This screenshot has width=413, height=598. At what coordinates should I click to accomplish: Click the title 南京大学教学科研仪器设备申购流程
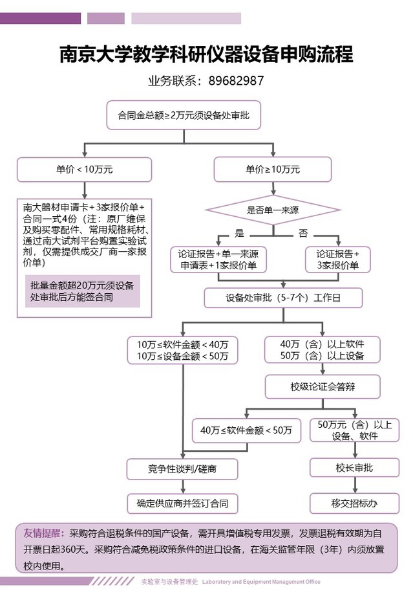point(206,54)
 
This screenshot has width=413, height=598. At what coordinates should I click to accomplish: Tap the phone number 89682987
point(235,81)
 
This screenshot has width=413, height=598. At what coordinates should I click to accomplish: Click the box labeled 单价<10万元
point(84,170)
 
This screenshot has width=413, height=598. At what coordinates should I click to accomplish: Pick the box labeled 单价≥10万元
point(272,170)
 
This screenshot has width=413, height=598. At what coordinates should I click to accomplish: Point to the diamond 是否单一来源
point(272,209)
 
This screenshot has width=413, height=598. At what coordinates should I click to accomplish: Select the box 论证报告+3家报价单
point(337,259)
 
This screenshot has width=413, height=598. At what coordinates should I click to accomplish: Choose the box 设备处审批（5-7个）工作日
point(283,298)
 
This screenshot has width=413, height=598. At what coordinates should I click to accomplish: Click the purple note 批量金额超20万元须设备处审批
point(84,291)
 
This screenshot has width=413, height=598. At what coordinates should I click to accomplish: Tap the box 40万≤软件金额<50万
point(246,430)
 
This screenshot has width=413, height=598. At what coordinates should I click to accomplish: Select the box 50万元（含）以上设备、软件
point(354,430)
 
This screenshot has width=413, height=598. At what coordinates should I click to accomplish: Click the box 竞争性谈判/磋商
point(182,468)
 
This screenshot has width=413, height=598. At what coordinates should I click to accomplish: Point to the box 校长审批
point(354,467)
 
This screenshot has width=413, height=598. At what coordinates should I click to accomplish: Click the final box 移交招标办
point(354,503)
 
